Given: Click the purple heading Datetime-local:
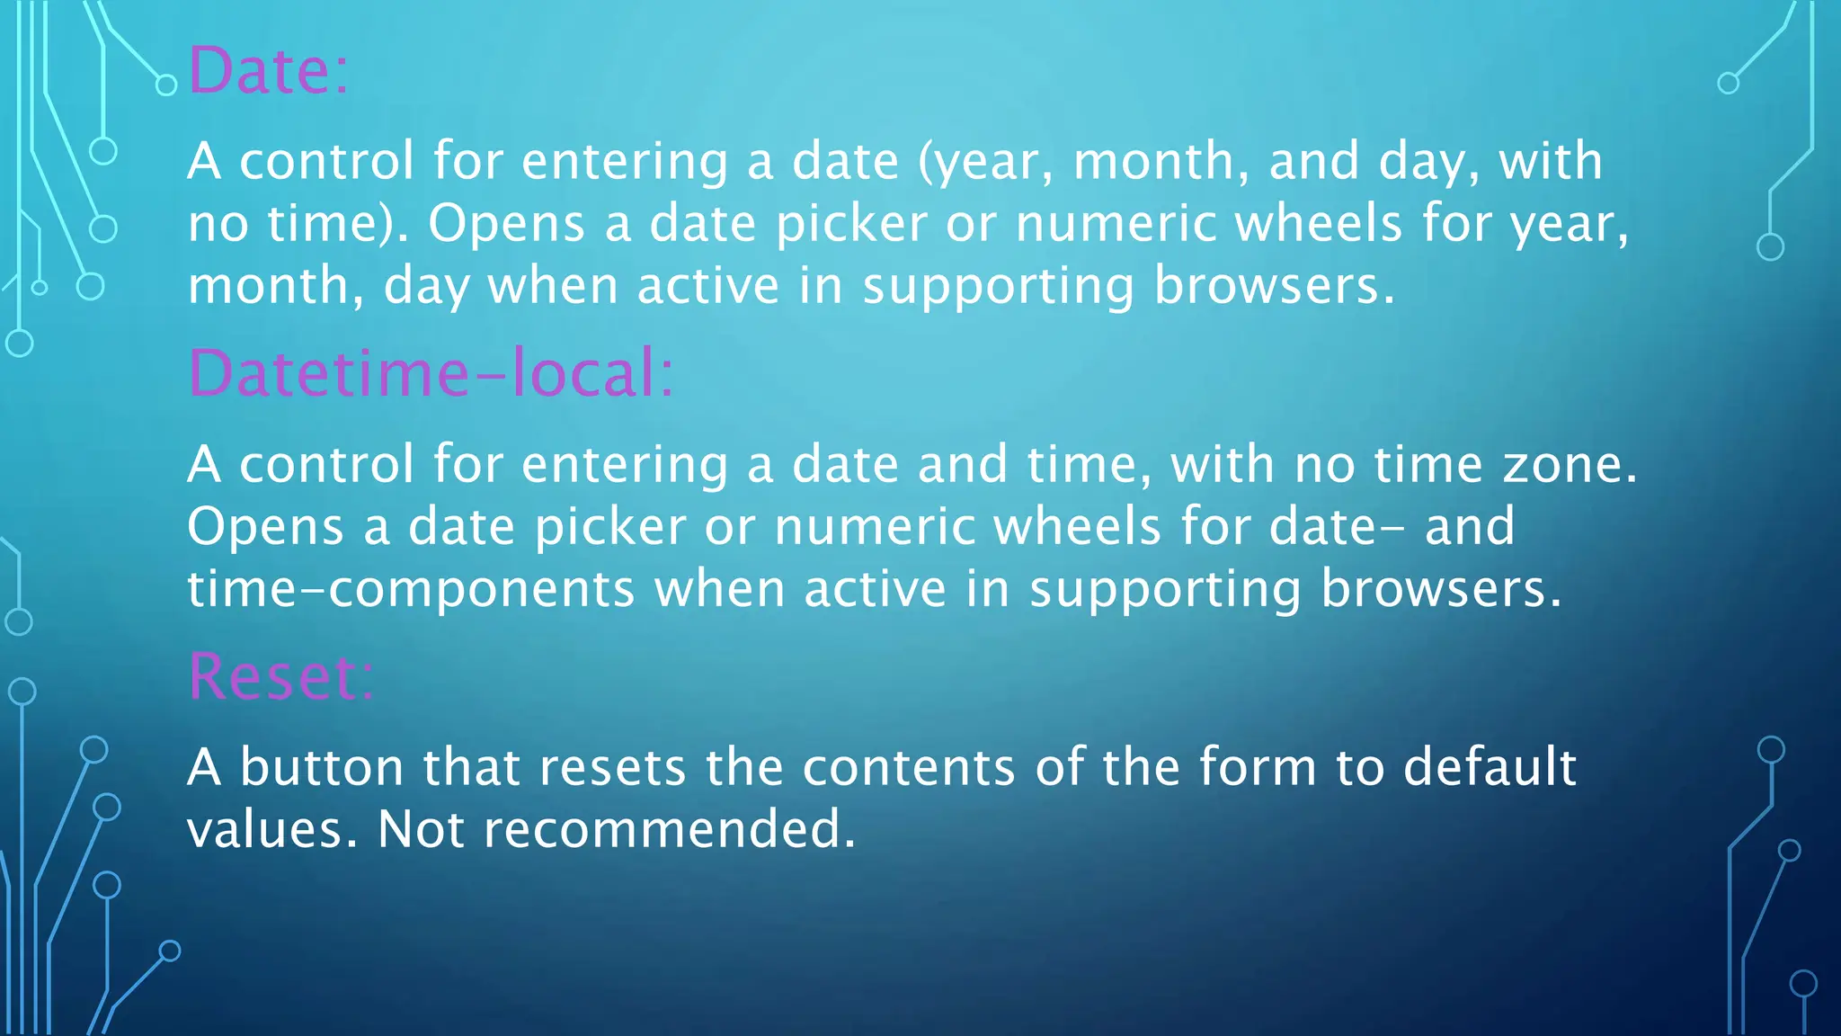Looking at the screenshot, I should click(431, 373).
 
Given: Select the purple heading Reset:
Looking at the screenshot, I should click(280, 676).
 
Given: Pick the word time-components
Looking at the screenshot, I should click(411, 590).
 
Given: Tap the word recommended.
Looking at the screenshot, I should click(670, 829).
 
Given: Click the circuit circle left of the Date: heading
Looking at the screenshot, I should click(166, 85).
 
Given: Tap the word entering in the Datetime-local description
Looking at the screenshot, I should click(625, 467).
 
